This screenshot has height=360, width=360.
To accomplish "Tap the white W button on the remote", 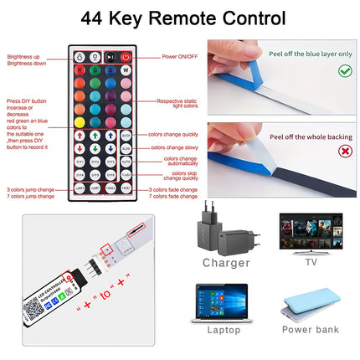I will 126,70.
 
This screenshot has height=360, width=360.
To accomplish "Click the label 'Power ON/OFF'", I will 179,57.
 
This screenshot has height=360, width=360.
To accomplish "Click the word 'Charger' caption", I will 227,263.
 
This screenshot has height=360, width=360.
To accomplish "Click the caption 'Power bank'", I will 310,330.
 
